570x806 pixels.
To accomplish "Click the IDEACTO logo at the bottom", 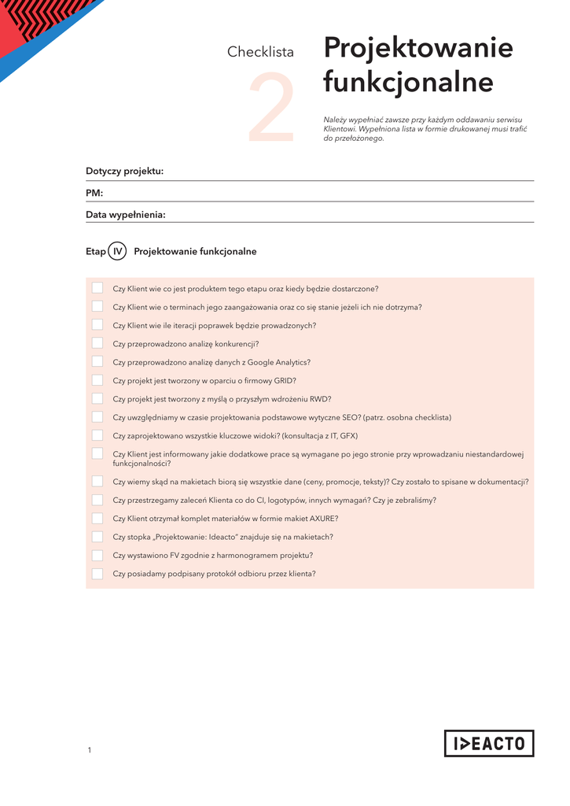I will click(488, 743).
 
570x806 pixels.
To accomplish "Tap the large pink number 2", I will click(273, 109).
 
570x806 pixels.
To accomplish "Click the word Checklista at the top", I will click(260, 53).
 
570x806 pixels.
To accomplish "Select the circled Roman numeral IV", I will click(118, 252).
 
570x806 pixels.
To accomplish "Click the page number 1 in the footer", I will click(90, 750).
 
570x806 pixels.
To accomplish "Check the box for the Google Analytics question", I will click(97, 361).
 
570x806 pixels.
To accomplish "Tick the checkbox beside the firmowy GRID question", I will click(97, 380).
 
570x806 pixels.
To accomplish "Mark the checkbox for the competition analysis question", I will click(97, 343).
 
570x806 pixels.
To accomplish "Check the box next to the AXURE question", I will click(97, 518).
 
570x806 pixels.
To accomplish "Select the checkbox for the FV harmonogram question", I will click(97, 555).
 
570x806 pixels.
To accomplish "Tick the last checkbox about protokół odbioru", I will click(97, 574).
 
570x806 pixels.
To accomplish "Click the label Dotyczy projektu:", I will click(124, 172).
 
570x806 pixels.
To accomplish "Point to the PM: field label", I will click(94, 193).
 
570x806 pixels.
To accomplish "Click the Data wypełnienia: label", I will click(125, 214).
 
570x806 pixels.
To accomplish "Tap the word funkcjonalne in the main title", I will click(408, 82).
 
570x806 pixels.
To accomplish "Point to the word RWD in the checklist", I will click(320, 399).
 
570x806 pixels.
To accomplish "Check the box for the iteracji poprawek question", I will click(97, 324).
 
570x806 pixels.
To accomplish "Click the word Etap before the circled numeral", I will click(95, 252).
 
